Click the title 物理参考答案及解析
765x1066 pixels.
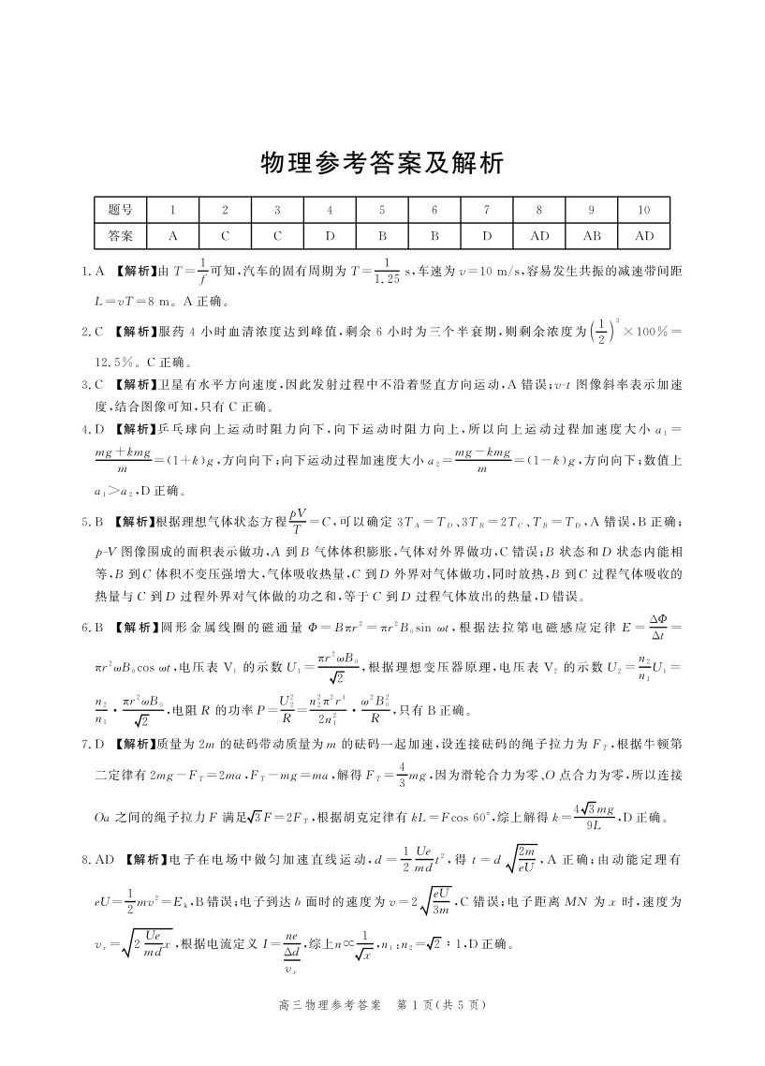pos(382,164)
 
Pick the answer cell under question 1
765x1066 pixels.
pos(173,236)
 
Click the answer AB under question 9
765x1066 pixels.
pos(593,236)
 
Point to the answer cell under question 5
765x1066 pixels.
pos(382,236)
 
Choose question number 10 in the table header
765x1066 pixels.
pos(645,211)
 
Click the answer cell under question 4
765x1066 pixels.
pos(330,236)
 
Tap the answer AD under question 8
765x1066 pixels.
pos(540,236)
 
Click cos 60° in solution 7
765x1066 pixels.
pos(452,818)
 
